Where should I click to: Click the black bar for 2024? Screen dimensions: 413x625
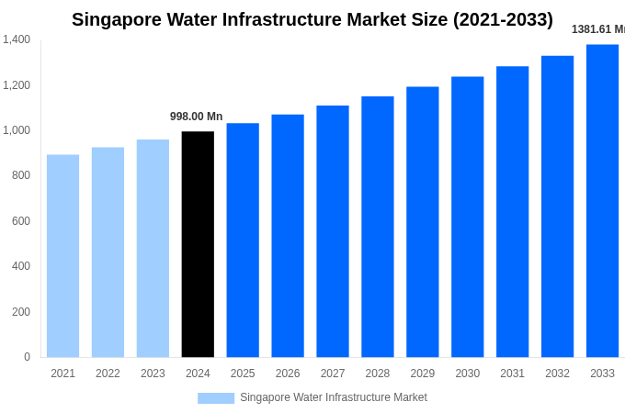(198, 244)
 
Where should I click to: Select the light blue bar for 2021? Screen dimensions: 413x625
(62, 256)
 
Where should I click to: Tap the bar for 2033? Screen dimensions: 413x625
(602, 201)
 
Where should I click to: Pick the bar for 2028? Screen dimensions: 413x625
(377, 227)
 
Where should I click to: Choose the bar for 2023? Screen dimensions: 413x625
(153, 249)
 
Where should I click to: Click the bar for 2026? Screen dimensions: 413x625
(288, 236)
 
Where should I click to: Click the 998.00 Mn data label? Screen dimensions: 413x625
(196, 117)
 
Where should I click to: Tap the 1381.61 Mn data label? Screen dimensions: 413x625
(597, 29)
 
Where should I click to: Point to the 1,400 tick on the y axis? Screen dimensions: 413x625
(17, 39)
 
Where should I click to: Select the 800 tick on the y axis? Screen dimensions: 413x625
(20, 175)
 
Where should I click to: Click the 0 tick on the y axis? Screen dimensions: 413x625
(27, 357)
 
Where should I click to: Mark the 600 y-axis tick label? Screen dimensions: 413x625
(20, 221)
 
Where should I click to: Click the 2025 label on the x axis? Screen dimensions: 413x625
(243, 374)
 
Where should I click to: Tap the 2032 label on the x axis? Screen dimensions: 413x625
(557, 374)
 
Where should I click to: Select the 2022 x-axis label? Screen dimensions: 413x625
(108, 374)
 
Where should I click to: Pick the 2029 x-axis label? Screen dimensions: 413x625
(422, 374)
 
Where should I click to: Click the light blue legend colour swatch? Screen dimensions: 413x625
(216, 398)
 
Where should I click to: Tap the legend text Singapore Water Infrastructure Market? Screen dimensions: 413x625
(334, 397)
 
